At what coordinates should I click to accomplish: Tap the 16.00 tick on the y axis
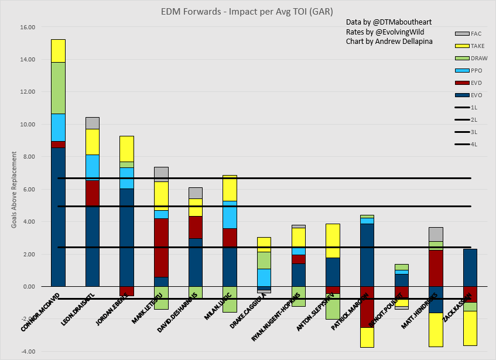(27, 27)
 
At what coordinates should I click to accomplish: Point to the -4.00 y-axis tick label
(27, 351)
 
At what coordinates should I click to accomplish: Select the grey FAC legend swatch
(462, 34)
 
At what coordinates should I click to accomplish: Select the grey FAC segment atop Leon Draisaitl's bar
(93, 123)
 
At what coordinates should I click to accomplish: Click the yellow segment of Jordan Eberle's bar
(127, 149)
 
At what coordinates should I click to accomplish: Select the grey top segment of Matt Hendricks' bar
(435, 234)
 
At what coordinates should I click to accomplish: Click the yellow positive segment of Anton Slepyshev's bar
(333, 241)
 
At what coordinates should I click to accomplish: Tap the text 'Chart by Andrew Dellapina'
(389, 41)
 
